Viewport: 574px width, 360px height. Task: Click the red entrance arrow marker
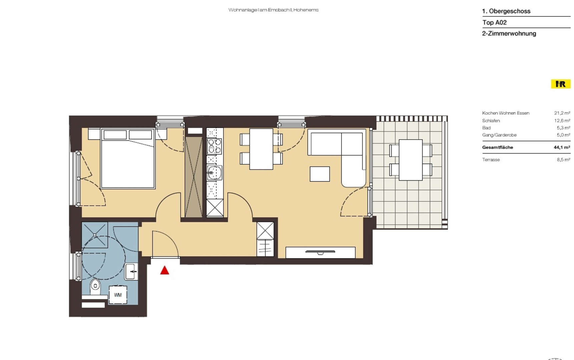pyautogui.click(x=164, y=270)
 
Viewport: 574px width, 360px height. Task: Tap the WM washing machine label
pyautogui.click(x=118, y=295)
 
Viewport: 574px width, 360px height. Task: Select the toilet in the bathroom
pyautogui.click(x=95, y=287)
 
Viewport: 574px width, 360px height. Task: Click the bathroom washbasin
pyautogui.click(x=131, y=272)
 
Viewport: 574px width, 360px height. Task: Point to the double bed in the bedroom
pyautogui.click(x=128, y=159)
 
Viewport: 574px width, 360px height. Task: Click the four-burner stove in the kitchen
pyautogui.click(x=214, y=146)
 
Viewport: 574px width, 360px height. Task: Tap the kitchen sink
pyautogui.click(x=214, y=173)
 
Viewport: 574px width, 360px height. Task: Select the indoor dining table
pyautogui.click(x=261, y=149)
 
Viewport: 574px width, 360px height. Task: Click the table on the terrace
pyautogui.click(x=411, y=160)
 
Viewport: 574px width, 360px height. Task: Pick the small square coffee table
pyautogui.click(x=320, y=174)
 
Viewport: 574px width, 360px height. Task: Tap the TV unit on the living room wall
pyautogui.click(x=321, y=253)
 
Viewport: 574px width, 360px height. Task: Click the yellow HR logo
pyautogui.click(x=561, y=84)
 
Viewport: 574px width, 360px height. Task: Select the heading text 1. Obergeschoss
pyautogui.click(x=506, y=11)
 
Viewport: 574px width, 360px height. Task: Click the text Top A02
pyautogui.click(x=494, y=22)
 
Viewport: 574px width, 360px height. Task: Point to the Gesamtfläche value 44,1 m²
pyautogui.click(x=562, y=147)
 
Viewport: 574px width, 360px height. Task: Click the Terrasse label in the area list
pyautogui.click(x=491, y=160)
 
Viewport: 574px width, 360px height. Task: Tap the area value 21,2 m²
pyautogui.click(x=562, y=113)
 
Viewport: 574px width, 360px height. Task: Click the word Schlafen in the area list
pyautogui.click(x=491, y=121)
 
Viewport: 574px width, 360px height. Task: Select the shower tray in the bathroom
pyautogui.click(x=95, y=235)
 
